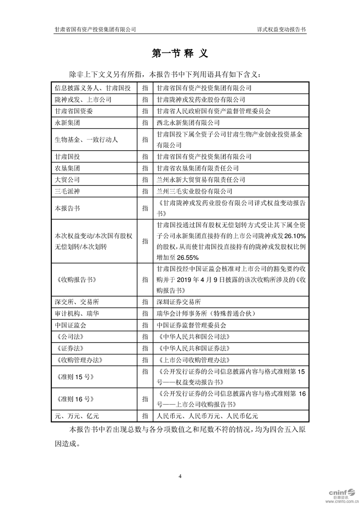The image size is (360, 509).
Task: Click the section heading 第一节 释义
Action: coord(180,54)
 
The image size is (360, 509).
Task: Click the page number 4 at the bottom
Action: coord(180,476)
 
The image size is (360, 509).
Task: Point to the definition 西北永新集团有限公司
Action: coord(188,122)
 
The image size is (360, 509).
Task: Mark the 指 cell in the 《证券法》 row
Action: coord(144,348)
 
